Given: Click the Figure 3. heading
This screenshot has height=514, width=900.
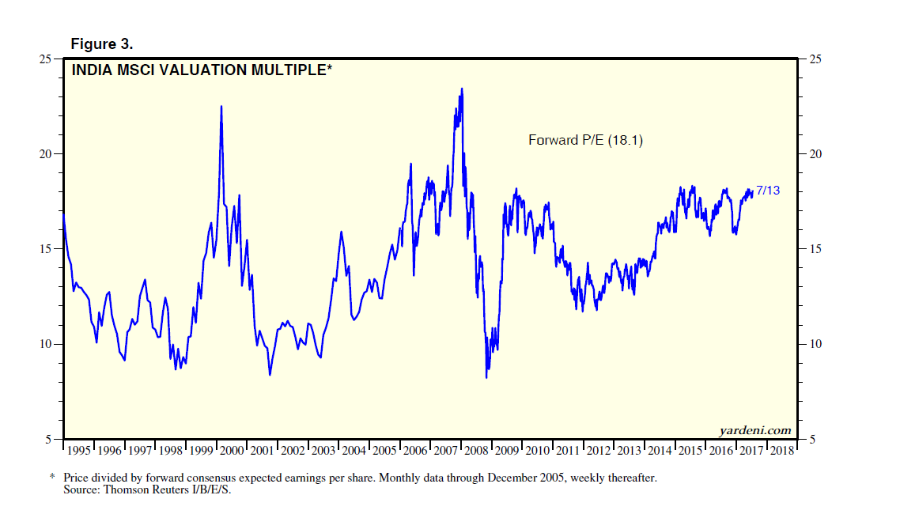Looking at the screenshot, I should tap(101, 43).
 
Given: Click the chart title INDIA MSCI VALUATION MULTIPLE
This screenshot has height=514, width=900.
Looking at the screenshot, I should tap(202, 70).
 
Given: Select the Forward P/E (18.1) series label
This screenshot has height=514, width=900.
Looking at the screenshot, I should tap(584, 140).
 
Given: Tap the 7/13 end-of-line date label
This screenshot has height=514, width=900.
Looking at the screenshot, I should tap(768, 190).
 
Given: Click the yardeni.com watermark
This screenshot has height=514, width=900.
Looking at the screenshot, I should tap(754, 430).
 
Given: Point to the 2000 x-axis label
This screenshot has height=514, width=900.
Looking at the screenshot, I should tap(232, 451).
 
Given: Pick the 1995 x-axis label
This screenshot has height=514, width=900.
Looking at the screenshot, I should tap(79, 451).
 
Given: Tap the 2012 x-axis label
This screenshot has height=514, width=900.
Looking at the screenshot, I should tap(599, 451).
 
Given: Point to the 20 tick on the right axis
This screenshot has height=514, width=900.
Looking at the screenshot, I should tap(811, 154).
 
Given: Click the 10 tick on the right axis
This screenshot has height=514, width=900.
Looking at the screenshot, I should tap(811, 344).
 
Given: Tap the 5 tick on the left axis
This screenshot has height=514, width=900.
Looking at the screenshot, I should tap(49, 439).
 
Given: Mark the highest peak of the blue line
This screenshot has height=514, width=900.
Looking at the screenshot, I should tap(462, 89).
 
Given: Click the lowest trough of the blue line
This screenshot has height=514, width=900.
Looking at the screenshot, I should tap(486, 377).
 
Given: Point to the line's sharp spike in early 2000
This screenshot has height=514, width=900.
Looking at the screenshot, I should tap(221, 106).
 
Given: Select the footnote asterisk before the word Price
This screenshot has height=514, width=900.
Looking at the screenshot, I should tap(52, 478).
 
